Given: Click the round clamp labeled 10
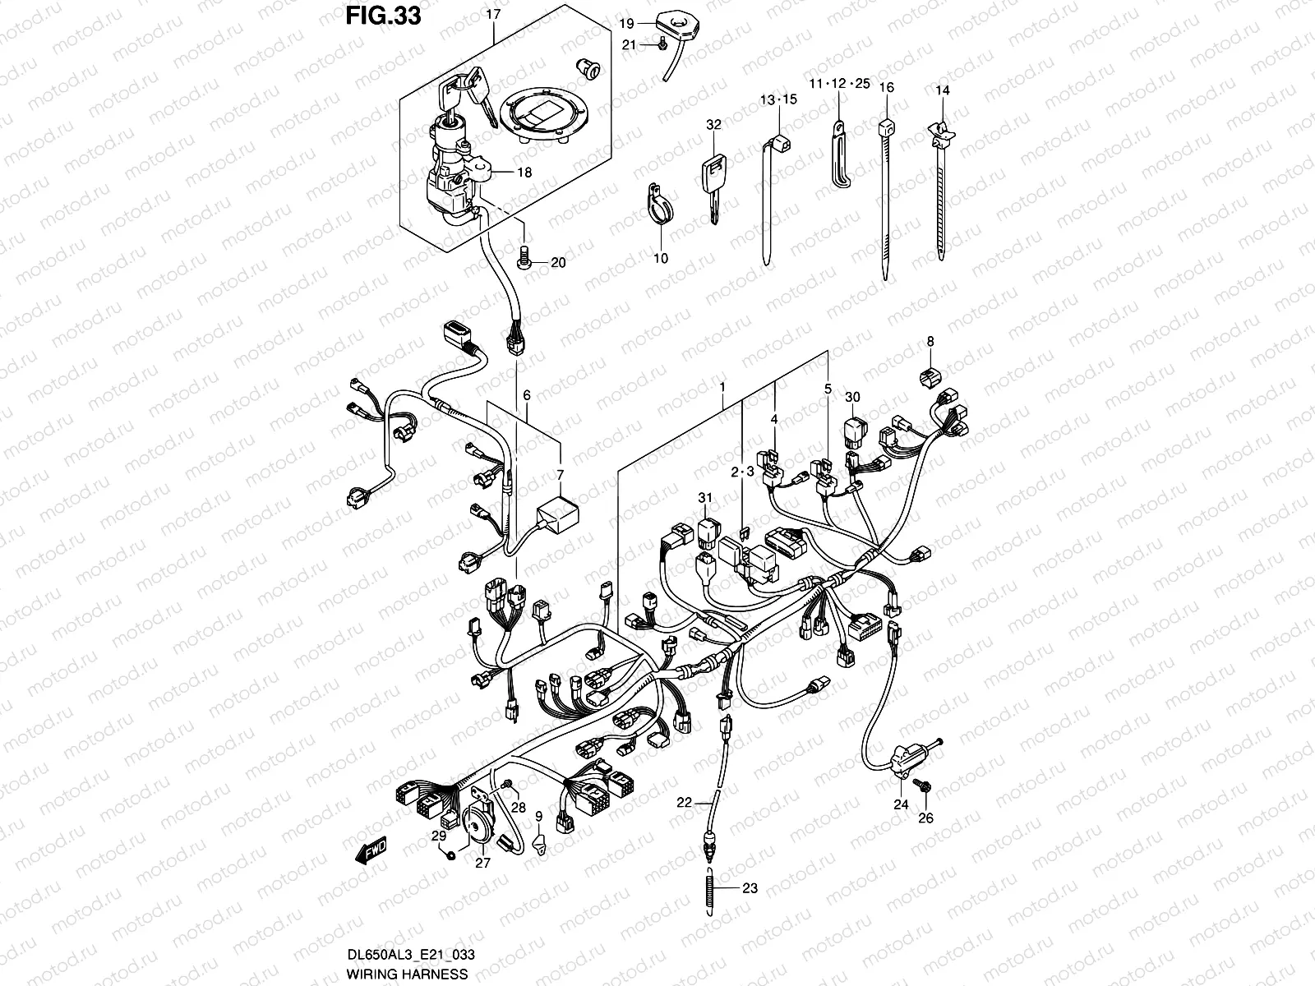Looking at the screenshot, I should [x=658, y=204].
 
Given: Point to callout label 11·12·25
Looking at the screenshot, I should [x=837, y=84].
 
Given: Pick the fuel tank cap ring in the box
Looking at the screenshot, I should [x=537, y=116].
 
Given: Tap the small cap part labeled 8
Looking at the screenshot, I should [x=929, y=378].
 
